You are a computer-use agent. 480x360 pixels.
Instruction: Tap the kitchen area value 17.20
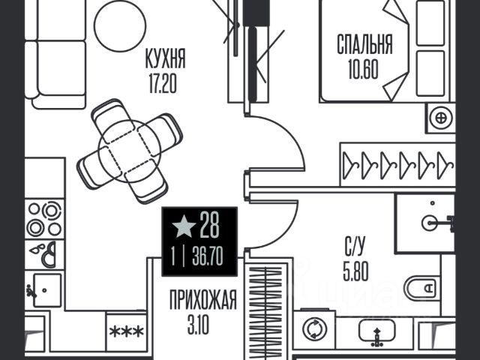163,83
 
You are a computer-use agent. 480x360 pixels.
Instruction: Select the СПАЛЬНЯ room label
364,44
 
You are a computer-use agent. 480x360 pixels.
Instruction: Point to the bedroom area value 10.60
363,69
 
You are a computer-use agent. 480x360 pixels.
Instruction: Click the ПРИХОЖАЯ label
203,300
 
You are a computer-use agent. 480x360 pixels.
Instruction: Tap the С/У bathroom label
355,245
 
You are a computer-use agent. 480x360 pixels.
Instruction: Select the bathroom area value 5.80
355,271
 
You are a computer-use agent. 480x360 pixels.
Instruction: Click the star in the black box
184,226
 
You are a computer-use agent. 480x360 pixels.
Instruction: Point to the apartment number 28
210,225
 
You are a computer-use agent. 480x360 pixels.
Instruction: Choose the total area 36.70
208,256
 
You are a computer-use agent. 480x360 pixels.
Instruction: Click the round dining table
130,151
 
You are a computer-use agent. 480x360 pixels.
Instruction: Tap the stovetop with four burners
45,219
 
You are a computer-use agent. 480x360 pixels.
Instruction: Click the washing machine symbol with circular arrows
314,329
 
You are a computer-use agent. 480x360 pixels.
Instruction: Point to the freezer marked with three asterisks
127,331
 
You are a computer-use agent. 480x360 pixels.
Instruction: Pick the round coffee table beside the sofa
120,25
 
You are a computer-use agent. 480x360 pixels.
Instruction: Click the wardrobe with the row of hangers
398,164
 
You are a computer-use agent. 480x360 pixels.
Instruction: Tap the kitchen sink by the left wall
45,290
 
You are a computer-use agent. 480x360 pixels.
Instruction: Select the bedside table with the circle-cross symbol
441,118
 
